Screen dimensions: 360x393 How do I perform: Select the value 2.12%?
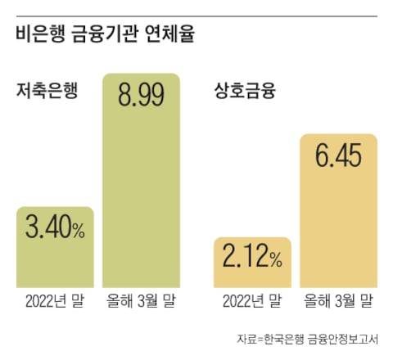coord(252,260)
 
